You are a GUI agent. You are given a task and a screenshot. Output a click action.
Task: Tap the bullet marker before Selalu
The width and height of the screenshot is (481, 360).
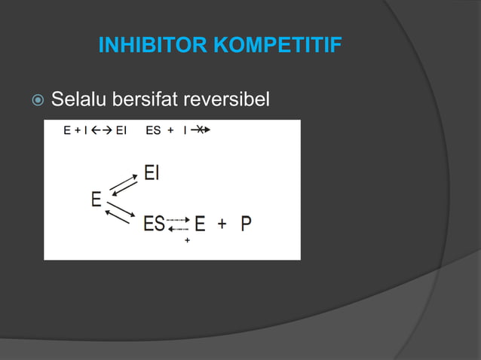(x=35, y=99)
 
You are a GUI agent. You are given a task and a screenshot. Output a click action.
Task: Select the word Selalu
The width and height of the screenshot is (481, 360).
(x=78, y=99)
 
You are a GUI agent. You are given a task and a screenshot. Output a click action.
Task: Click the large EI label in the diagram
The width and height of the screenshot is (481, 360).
(x=152, y=173)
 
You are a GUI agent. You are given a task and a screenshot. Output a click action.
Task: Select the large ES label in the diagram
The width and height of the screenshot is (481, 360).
(x=155, y=224)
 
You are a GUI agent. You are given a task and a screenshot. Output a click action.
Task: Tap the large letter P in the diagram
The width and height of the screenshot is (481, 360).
(x=247, y=224)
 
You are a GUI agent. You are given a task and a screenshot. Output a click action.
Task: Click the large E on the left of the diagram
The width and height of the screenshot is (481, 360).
(x=97, y=200)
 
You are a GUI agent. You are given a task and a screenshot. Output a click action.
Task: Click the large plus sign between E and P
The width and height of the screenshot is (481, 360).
(x=224, y=224)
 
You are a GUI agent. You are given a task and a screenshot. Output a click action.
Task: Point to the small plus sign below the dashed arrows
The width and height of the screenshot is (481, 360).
(x=187, y=240)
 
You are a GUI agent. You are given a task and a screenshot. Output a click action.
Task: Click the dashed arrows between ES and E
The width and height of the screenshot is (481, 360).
(x=178, y=224)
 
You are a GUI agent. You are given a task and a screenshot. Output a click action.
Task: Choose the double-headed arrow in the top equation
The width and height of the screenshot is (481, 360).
(x=101, y=130)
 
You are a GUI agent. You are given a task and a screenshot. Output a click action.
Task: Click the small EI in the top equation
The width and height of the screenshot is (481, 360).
(x=121, y=130)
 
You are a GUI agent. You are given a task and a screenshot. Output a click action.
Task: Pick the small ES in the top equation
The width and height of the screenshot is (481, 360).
(x=153, y=130)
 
